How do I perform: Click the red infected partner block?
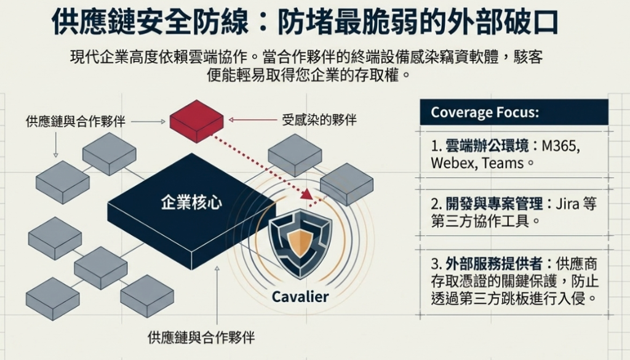pyautogui.click(x=196, y=121)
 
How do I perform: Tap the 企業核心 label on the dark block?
pyautogui.click(x=191, y=202)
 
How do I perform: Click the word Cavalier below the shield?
pyautogui.click(x=300, y=297)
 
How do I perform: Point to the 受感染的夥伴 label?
pyautogui.click(x=319, y=120)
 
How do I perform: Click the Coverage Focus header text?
pyautogui.click(x=485, y=112)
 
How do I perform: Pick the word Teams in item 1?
pyautogui.click(x=503, y=163)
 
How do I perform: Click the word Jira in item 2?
pyautogui.click(x=567, y=204)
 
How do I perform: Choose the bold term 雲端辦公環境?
pyautogui.click(x=487, y=146)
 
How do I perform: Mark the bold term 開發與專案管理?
pyautogui.click(x=494, y=204)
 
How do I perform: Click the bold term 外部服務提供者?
pyautogui.click(x=494, y=263)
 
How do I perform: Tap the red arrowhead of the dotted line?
pyautogui.click(x=307, y=194)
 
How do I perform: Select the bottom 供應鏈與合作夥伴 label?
pyautogui.click(x=201, y=337)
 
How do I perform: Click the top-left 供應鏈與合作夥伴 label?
pyautogui.click(x=76, y=121)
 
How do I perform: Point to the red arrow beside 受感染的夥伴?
pyautogui.click(x=253, y=120)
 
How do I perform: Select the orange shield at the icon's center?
pyautogui.click(x=300, y=242)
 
